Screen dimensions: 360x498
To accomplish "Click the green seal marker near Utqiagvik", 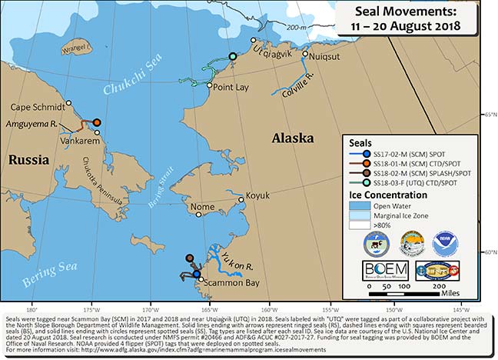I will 233,57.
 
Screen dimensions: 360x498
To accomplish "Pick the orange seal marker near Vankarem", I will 97,122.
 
